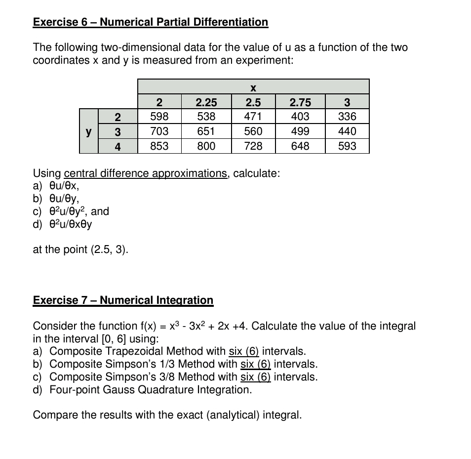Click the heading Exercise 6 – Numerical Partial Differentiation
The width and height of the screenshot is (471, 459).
coord(151,22)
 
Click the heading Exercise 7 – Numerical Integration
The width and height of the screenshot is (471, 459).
coord(123,300)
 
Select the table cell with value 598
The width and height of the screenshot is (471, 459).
coord(159,117)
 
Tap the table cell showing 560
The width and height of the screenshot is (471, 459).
coord(253,131)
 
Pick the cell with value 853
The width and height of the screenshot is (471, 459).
coord(159,146)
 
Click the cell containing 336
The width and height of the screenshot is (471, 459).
coord(347,117)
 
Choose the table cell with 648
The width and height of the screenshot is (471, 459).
coord(300,146)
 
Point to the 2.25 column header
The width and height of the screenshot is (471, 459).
coord(206,102)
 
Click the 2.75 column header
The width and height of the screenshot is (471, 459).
coord(300,102)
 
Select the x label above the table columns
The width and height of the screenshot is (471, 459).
coord(253,88)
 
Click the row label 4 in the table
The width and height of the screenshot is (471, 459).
coord(118,146)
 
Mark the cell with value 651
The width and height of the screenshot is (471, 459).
coord(206,131)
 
